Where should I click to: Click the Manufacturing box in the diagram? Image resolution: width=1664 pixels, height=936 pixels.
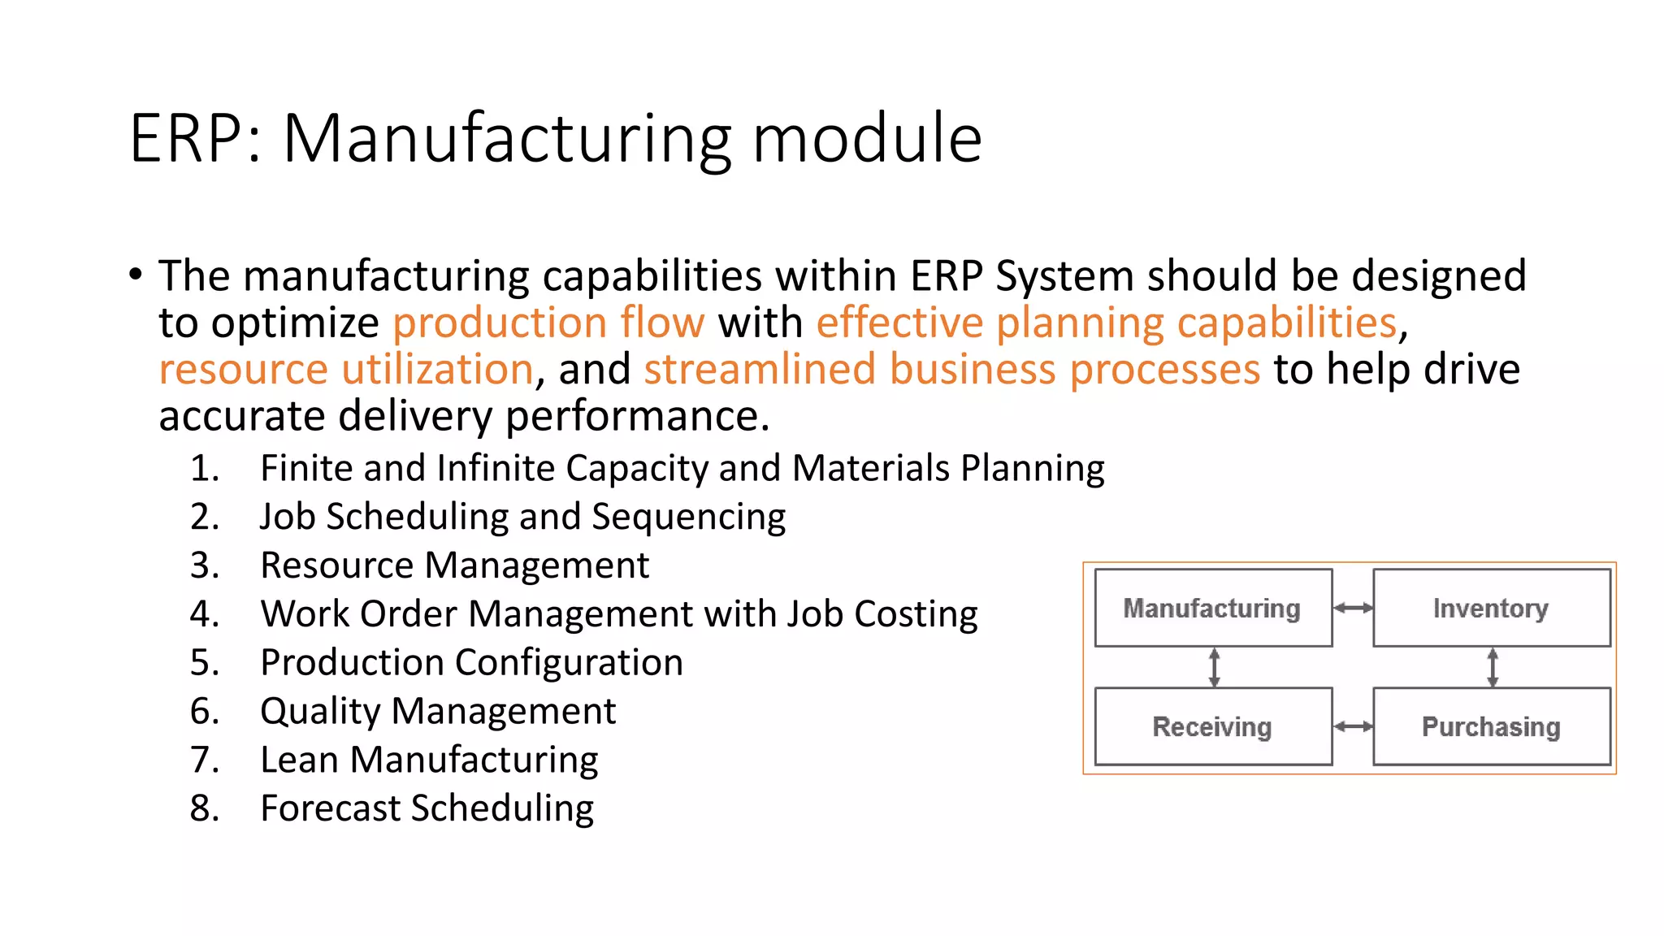point(1212,608)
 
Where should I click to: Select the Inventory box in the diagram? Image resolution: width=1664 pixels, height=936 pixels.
point(1491,608)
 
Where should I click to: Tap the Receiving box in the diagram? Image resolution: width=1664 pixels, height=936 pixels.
point(1212,726)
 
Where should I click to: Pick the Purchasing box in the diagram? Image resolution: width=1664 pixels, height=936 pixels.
point(1491,726)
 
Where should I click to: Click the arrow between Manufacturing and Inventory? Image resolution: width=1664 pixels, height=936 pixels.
point(1353,608)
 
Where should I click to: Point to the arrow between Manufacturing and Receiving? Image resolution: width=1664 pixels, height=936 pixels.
point(1214,667)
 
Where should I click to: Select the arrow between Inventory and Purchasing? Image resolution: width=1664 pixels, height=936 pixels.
point(1492,667)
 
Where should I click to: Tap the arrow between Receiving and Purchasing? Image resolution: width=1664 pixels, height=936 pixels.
point(1353,726)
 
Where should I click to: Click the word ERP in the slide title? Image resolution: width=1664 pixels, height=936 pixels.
point(186,139)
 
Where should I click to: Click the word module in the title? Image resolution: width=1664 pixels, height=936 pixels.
point(867,139)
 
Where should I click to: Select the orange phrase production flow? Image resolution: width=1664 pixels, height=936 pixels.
point(548,323)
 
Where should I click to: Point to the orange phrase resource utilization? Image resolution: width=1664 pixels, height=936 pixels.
point(346,370)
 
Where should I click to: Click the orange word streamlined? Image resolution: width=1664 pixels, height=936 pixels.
point(760,370)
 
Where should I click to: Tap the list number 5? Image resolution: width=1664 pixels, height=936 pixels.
point(204,663)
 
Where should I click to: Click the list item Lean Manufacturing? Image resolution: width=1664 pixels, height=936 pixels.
point(429,760)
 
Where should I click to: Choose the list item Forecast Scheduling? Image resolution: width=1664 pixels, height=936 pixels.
point(427,809)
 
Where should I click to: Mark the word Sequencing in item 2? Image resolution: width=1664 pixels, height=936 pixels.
point(688,518)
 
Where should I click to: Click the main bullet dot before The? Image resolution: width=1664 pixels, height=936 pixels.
point(136,274)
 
